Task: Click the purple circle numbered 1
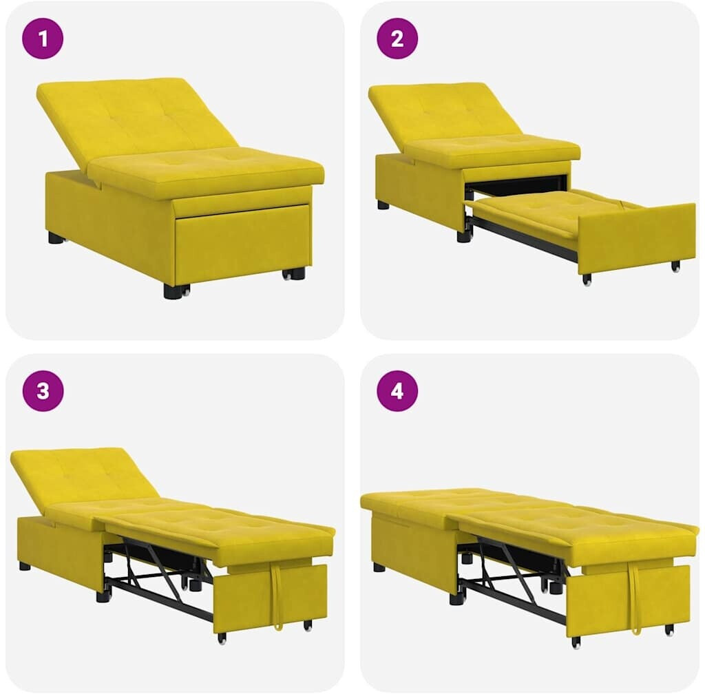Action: (x=43, y=39)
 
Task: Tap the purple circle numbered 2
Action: (x=397, y=39)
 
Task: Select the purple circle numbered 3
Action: (x=43, y=391)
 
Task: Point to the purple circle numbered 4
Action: (x=397, y=391)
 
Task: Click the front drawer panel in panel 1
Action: (x=243, y=245)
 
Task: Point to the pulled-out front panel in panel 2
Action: (x=637, y=238)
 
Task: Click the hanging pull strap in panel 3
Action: (x=275, y=597)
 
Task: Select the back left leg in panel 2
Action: (x=383, y=205)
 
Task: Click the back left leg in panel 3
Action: (x=25, y=566)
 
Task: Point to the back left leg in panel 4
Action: (x=379, y=567)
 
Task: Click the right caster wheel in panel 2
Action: (x=675, y=266)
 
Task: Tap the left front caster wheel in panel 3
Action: (x=222, y=638)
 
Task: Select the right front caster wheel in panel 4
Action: (x=669, y=630)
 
